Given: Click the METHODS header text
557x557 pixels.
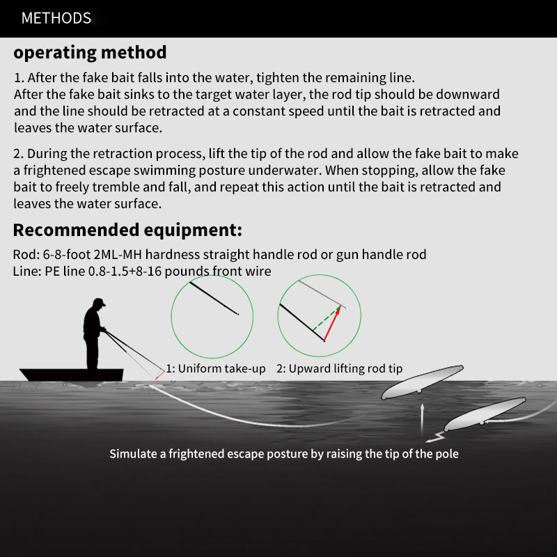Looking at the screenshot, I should (56, 18).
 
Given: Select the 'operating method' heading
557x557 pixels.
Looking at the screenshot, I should (90, 52).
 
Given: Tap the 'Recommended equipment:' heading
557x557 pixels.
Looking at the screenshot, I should (127, 230).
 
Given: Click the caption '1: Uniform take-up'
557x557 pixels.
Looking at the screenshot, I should (215, 368).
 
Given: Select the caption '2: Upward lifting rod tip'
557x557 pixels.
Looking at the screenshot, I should (339, 368).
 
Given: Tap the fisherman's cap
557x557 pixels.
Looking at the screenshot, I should (99, 304).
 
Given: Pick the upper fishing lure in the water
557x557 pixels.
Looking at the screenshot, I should (422, 383).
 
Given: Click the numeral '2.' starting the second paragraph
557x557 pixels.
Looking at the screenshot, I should (19, 154).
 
